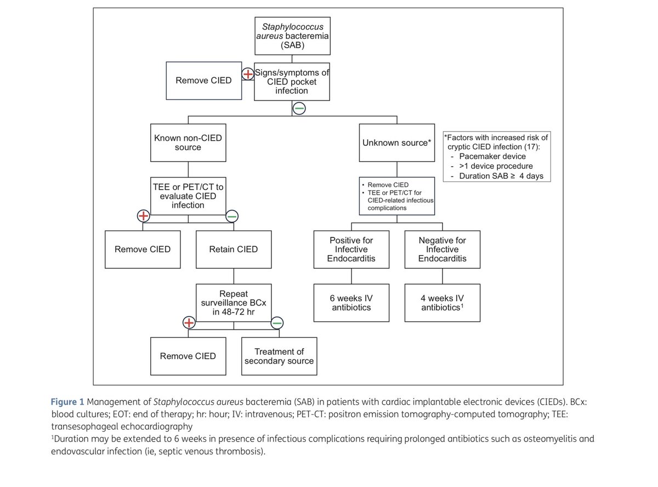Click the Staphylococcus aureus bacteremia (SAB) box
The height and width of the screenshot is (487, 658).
pyautogui.click(x=292, y=36)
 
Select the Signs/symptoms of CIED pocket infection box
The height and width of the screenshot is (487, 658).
pyautogui.click(x=292, y=82)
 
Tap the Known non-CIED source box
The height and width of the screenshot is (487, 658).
pyautogui.click(x=188, y=143)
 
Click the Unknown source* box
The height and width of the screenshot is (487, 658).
pyautogui.click(x=396, y=143)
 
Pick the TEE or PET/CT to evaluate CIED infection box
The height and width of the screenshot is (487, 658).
pyautogui.click(x=188, y=196)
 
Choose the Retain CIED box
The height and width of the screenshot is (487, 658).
pyautogui.click(x=234, y=250)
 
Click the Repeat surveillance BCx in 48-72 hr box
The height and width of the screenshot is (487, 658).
pyautogui.click(x=234, y=303)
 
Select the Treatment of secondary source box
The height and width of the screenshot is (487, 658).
pyautogui.click(x=279, y=356)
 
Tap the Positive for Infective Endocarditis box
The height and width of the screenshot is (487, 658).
pyautogui.click(x=351, y=250)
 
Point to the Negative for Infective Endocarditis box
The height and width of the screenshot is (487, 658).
pyautogui.click(x=443, y=250)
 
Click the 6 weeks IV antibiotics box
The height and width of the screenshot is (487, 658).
pyautogui.click(x=351, y=303)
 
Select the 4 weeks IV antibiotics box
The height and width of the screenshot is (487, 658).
pyautogui.click(x=443, y=303)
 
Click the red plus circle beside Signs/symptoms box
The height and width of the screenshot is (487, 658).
pyautogui.click(x=248, y=74)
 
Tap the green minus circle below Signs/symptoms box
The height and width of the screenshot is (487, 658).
pyautogui.click(x=299, y=109)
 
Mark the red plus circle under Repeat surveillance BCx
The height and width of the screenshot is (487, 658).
pyautogui.click(x=189, y=322)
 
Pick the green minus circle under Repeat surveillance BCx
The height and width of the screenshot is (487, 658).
pyautogui.click(x=277, y=323)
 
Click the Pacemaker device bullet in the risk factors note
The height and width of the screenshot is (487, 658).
pyautogui.click(x=488, y=156)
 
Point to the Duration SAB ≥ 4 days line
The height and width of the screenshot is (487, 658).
pyautogui.click(x=497, y=176)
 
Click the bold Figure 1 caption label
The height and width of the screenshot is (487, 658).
pyautogui.click(x=67, y=402)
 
